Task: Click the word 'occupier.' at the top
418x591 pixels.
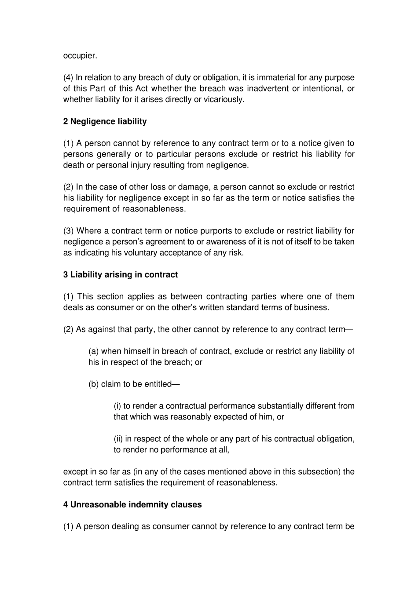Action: [x=80, y=56]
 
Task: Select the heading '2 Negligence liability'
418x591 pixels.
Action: [x=105, y=121]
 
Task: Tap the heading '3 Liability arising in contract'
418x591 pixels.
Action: [x=121, y=275]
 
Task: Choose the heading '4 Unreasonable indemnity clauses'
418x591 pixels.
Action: [x=132, y=505]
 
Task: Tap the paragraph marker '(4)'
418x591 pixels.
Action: [x=68, y=78]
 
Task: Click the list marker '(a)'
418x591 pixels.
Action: [x=93, y=351]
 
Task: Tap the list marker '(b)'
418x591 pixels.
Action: [x=93, y=384]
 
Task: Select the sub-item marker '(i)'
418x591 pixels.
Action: [x=117, y=406]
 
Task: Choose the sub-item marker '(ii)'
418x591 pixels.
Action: [x=118, y=439]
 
